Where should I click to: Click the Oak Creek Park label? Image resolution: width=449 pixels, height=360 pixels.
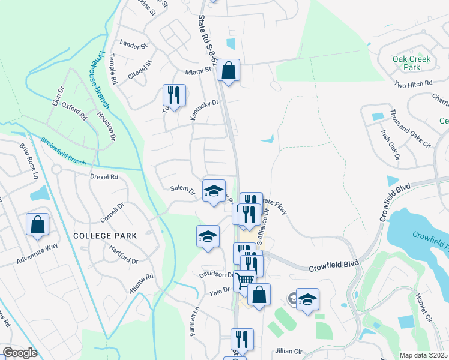415,63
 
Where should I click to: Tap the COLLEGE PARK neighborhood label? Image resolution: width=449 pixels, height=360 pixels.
104,236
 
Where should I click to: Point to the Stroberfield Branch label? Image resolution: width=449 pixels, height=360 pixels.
64,152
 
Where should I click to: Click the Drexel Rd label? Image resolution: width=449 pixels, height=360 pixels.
104,178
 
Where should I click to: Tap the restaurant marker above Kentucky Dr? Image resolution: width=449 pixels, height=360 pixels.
174,94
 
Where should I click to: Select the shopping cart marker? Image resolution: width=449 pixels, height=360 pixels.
244,280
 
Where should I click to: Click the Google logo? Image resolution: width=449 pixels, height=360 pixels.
20,353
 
